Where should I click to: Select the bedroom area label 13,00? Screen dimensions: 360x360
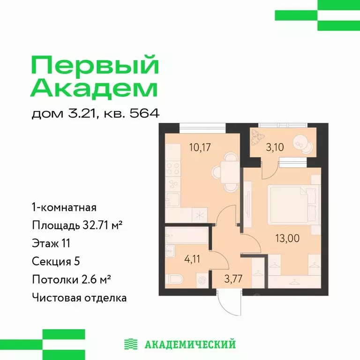[x=287, y=238]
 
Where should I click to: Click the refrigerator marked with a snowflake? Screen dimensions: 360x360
[x=199, y=216]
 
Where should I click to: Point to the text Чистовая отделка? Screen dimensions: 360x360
[x=79, y=297]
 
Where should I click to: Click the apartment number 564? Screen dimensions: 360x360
[x=145, y=113]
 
